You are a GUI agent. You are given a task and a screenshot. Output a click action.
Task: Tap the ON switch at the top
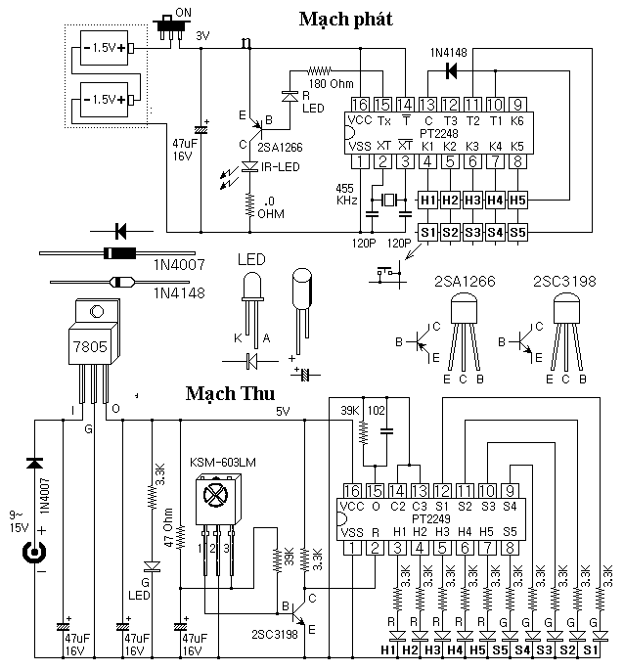pyautogui.click(x=175, y=33)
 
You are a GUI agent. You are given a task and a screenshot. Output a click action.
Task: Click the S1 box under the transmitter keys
pyautogui.click(x=426, y=233)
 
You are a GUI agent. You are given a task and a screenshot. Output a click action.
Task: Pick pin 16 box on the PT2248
pyautogui.click(x=361, y=105)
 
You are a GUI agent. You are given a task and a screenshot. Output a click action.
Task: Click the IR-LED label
pyautogui.click(x=281, y=167)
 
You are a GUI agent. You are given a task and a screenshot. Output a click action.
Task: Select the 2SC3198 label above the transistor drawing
pyautogui.click(x=565, y=282)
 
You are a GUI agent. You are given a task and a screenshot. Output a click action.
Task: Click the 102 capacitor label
pyautogui.click(x=387, y=409)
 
